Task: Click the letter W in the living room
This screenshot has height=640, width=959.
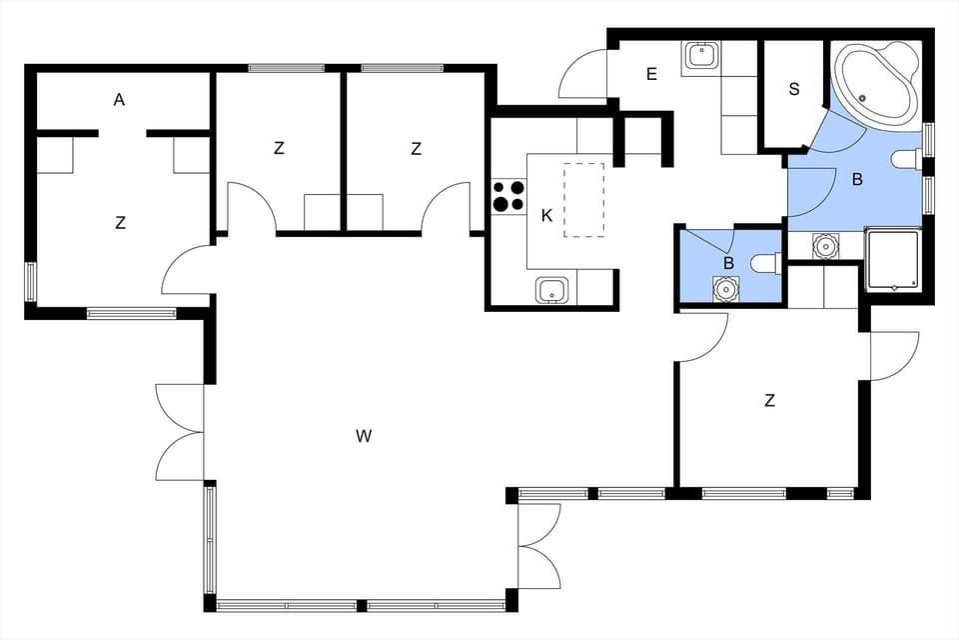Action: pos(364,435)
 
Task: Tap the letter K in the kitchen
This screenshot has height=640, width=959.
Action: pos(546,215)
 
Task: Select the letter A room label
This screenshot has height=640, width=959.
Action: pos(120,99)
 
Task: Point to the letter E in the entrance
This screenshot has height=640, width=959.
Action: pos(651,73)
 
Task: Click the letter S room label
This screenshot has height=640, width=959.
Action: pos(794,89)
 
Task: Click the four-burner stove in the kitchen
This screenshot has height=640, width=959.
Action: pos(508,196)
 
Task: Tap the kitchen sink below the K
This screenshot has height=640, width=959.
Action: pos(551,290)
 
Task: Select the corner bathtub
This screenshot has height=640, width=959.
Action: pos(876,85)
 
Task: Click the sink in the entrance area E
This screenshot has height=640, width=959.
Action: pos(702,56)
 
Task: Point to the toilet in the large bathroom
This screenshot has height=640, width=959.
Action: pos(907,159)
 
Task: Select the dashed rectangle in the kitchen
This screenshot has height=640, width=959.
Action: pos(584,200)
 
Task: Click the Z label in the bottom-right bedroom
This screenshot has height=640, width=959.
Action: pos(770,401)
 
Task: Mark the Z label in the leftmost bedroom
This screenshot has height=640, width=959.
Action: pos(120,223)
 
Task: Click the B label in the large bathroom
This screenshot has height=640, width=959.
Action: pos(856,181)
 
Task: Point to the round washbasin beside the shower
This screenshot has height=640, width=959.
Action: pos(825,246)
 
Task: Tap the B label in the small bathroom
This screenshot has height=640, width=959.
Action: pos(728,262)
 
